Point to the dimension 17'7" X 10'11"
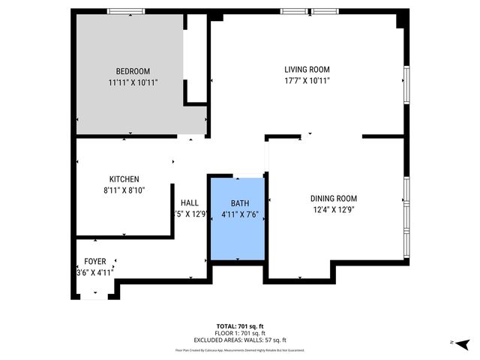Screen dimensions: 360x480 (x=307, y=80)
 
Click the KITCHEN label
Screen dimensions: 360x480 (x=124, y=179)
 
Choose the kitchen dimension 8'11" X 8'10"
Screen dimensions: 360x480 (x=124, y=190)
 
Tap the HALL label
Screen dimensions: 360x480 (x=190, y=202)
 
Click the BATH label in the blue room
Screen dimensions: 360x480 (x=239, y=202)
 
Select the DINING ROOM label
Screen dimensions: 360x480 (x=333, y=199)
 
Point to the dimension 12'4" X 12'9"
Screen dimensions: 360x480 (x=333, y=210)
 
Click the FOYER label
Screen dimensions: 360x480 (x=94, y=262)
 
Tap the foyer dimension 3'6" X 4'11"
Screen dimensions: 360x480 (x=94, y=273)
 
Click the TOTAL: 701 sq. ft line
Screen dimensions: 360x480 (x=239, y=325)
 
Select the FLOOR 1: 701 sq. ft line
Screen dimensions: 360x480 (x=239, y=332)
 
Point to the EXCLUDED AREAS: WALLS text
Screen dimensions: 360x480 (x=239, y=339)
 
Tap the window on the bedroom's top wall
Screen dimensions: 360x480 (x=126, y=10)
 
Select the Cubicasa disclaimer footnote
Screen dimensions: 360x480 (x=239, y=349)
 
